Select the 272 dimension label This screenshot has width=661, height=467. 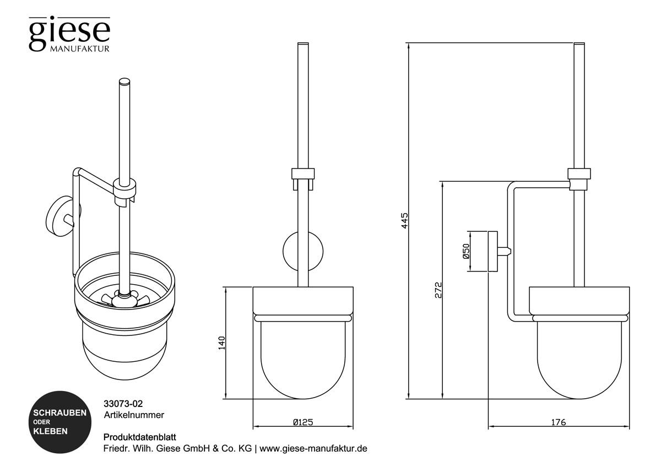438,290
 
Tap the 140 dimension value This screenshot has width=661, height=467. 221,343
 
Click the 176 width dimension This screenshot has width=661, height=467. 558,422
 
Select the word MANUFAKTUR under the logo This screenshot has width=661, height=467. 80,48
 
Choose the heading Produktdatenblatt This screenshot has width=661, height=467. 139,437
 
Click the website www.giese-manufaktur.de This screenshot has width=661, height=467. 313,448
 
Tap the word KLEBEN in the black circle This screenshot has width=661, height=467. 51,431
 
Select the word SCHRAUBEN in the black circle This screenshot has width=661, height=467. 59,412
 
